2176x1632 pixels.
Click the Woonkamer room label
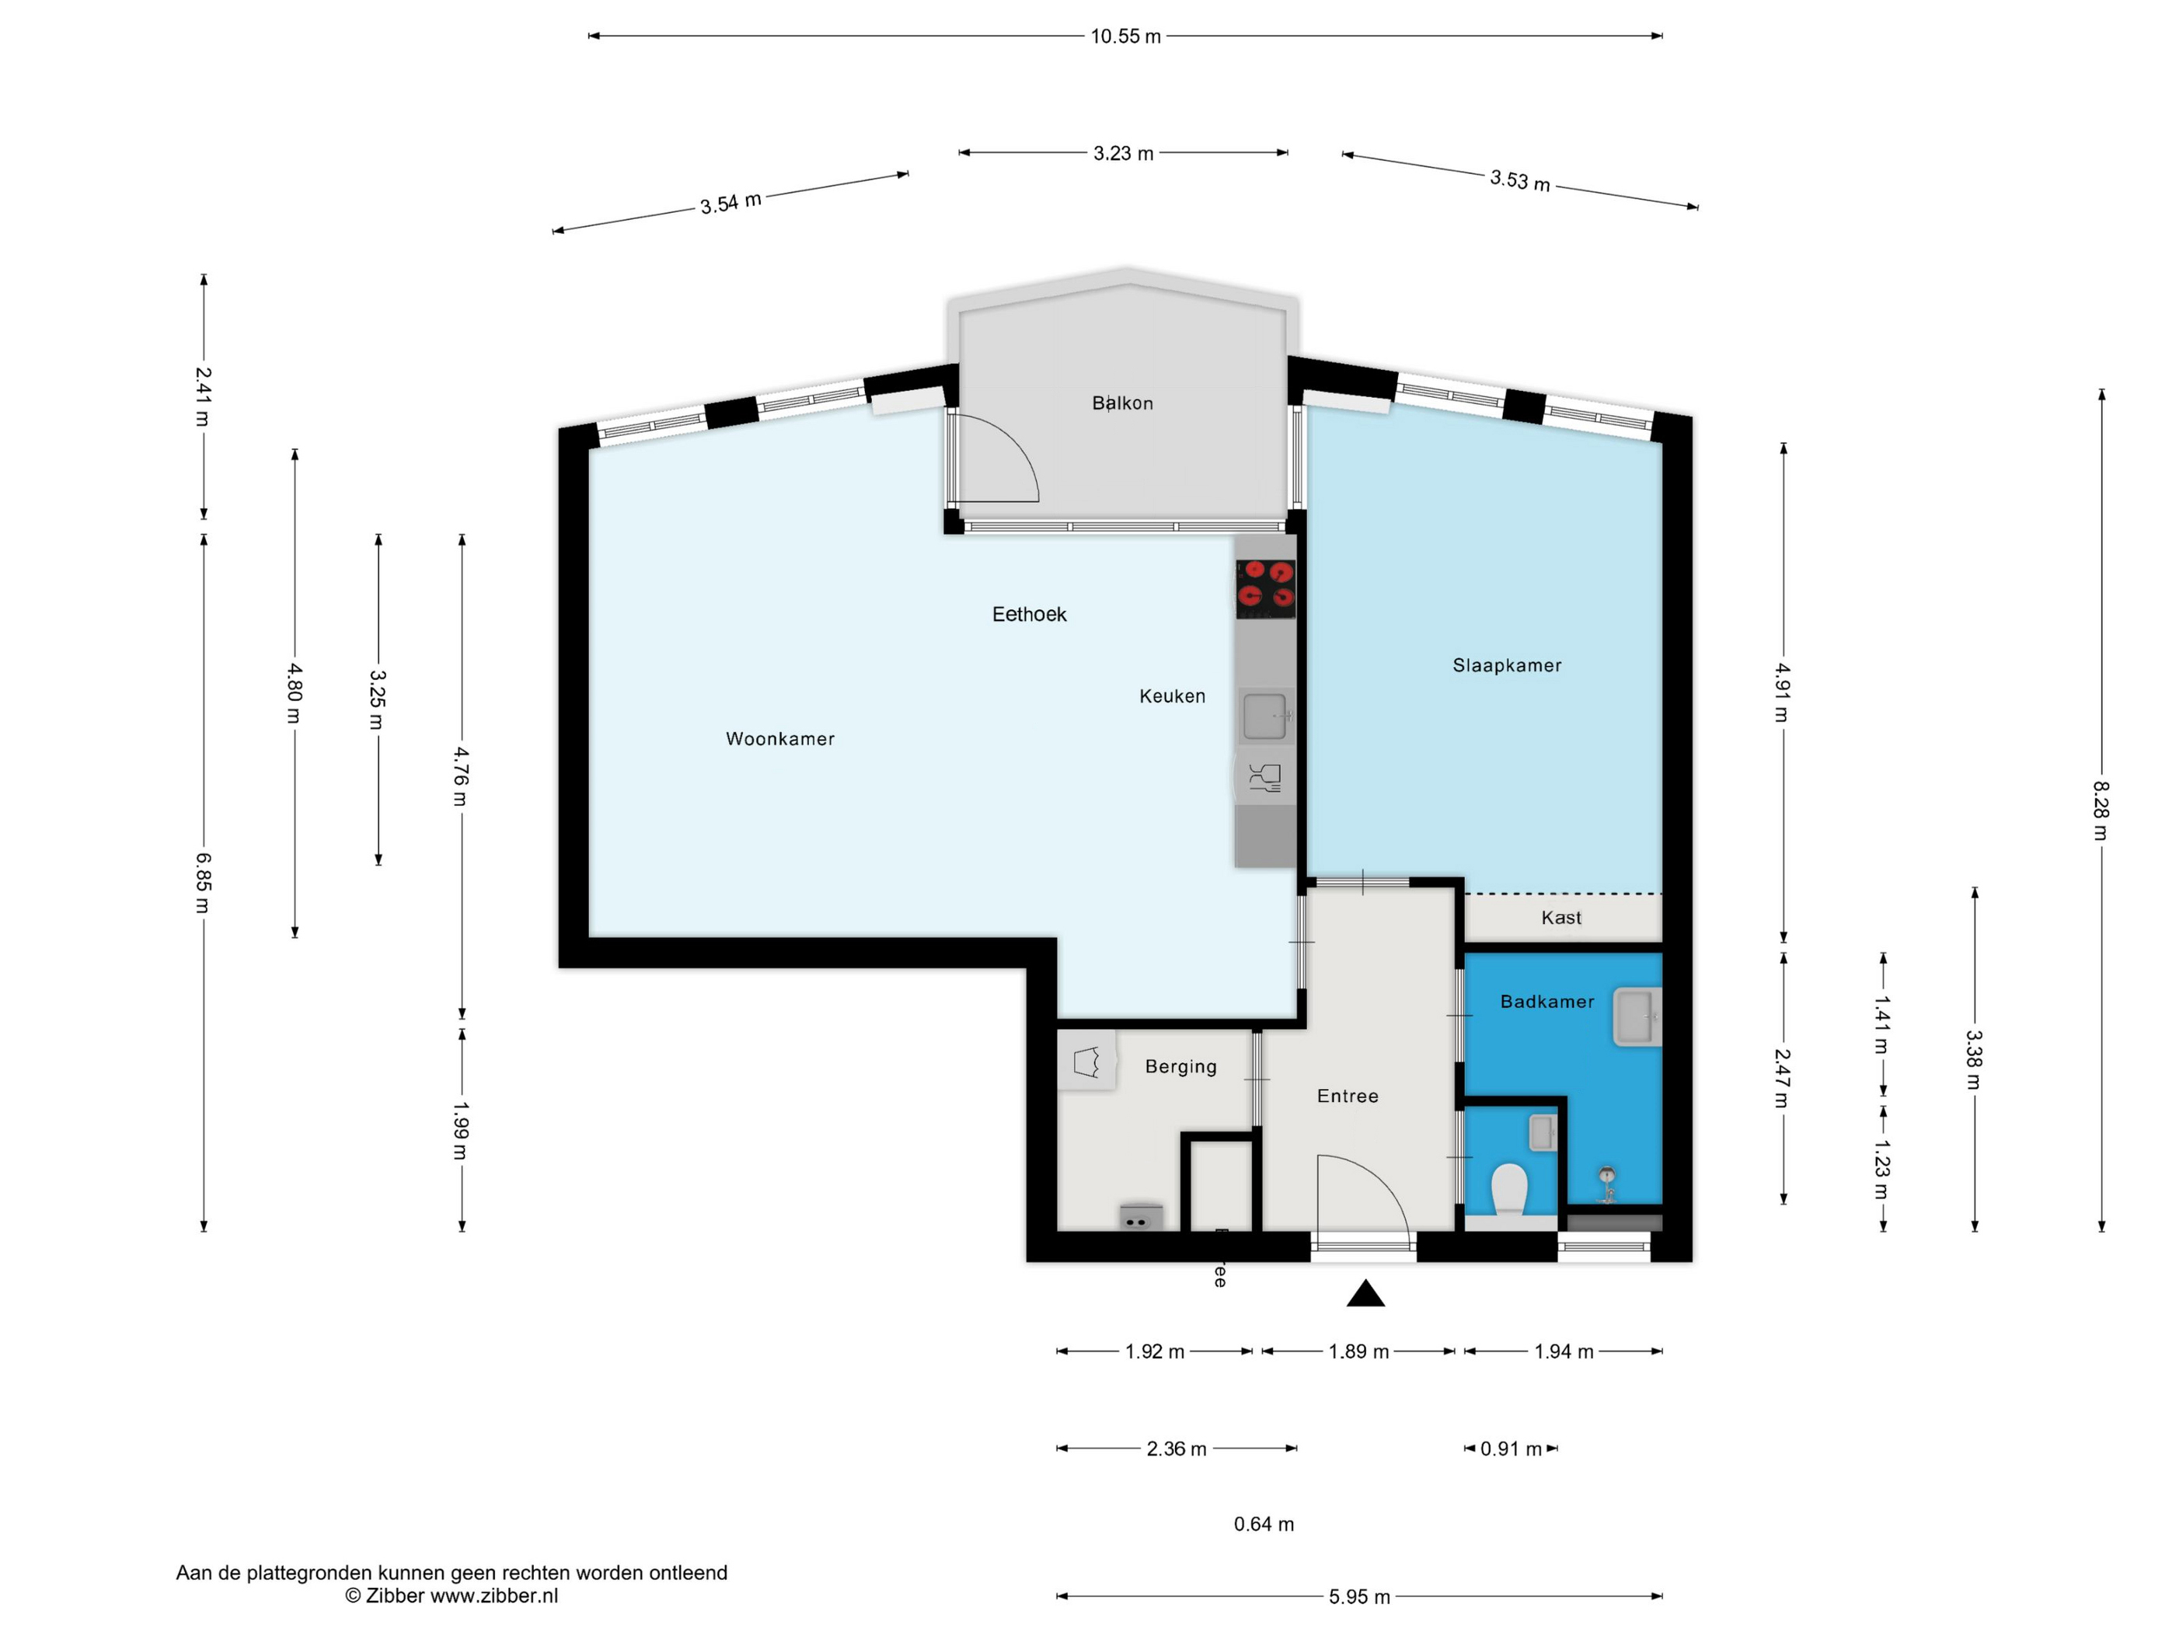(x=780, y=739)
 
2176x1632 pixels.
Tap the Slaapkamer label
(x=1507, y=665)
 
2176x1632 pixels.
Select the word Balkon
(x=1122, y=403)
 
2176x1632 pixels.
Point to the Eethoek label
(x=1029, y=614)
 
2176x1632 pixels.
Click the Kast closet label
(x=1561, y=918)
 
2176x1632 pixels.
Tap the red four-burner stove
(x=1265, y=588)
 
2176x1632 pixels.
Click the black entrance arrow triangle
(x=1365, y=1295)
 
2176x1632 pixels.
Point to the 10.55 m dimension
(x=1125, y=37)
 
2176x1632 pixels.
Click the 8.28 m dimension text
(x=2101, y=811)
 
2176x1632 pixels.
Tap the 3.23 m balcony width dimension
(x=1124, y=153)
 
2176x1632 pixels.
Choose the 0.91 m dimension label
(x=1511, y=1449)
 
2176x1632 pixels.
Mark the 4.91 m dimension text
(x=1783, y=692)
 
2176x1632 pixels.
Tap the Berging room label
(x=1180, y=1066)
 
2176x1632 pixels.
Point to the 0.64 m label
(x=1264, y=1524)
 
